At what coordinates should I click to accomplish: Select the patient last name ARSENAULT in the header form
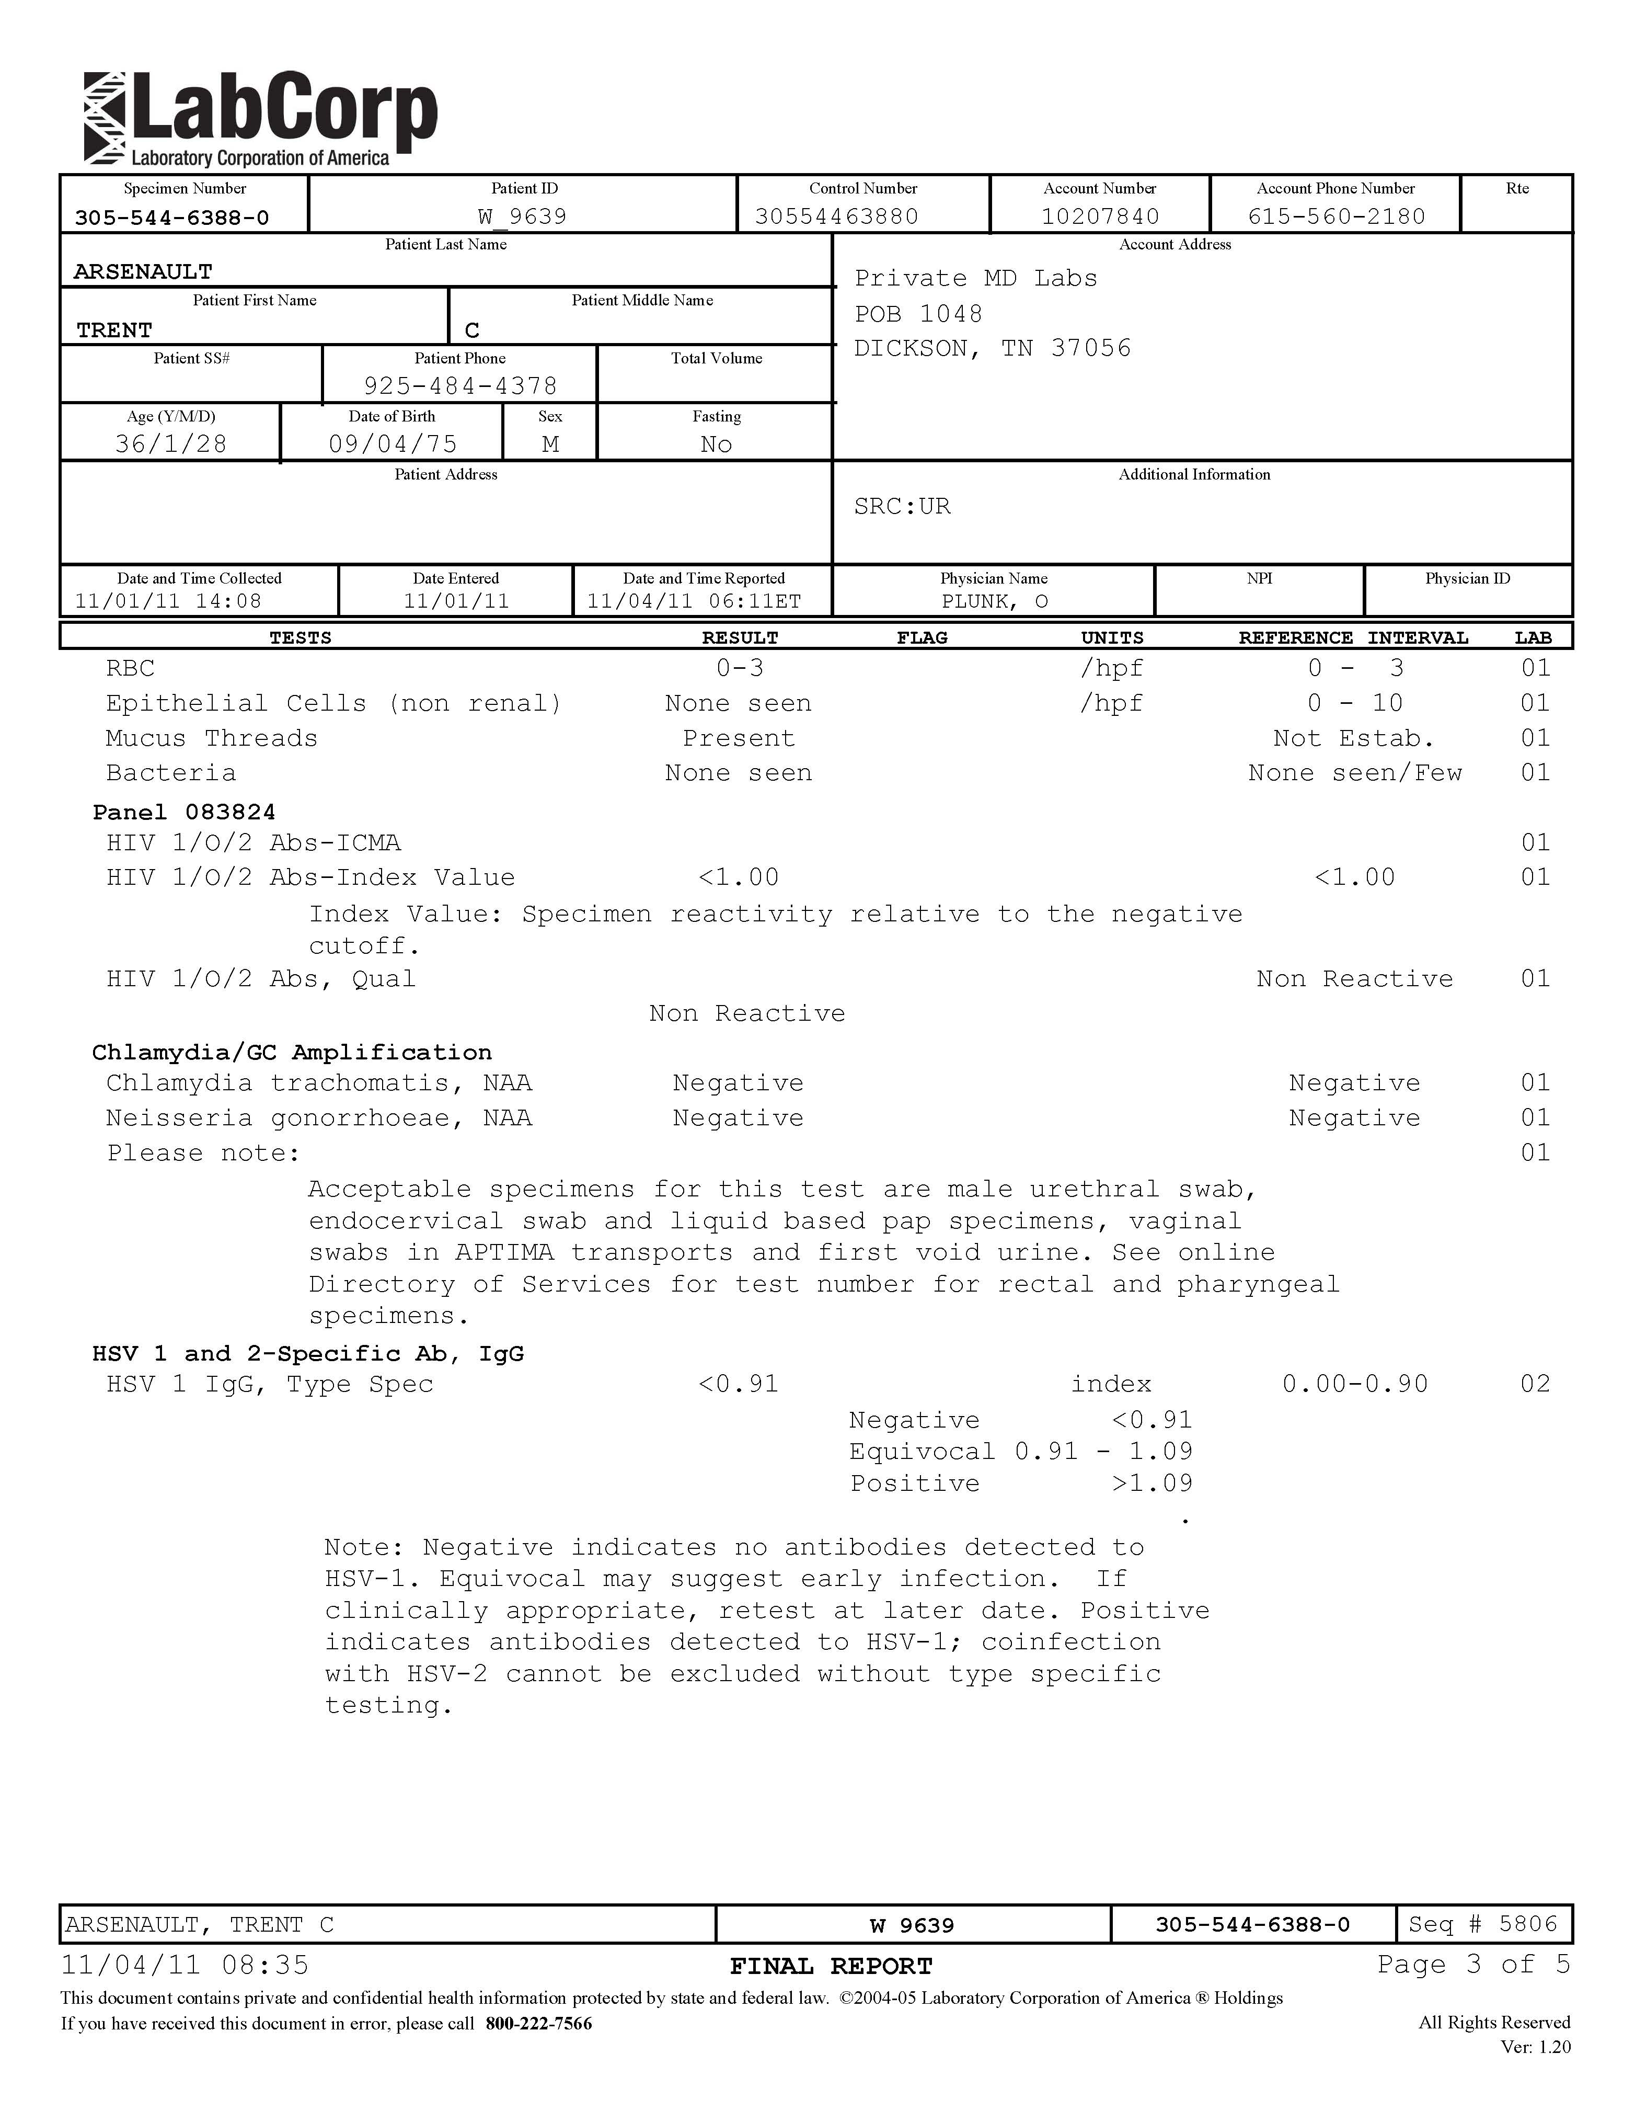[x=143, y=271]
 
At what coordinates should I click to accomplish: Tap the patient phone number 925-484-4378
[x=460, y=386]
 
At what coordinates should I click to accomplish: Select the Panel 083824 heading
[x=183, y=812]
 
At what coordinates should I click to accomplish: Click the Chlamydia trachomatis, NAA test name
[x=319, y=1082]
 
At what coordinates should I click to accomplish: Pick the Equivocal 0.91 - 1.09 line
[x=1020, y=1452]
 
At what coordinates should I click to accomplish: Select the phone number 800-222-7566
[x=538, y=2023]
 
